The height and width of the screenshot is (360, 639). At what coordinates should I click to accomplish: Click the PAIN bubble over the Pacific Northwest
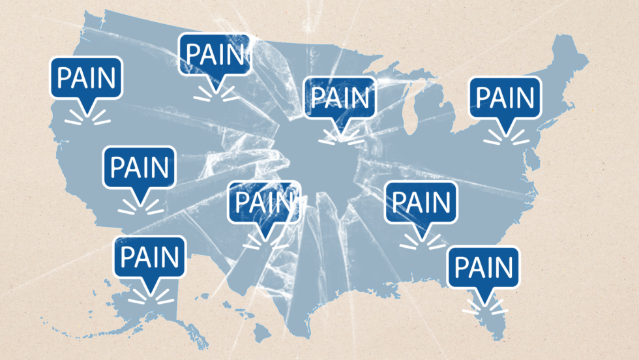[86, 78]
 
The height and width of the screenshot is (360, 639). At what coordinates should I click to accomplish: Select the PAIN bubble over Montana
[215, 55]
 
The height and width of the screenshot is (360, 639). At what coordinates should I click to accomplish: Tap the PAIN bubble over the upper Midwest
[340, 98]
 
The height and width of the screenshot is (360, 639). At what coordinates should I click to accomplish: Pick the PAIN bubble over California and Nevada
[140, 168]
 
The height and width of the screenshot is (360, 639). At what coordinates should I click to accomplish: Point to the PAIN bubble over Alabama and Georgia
[421, 202]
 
